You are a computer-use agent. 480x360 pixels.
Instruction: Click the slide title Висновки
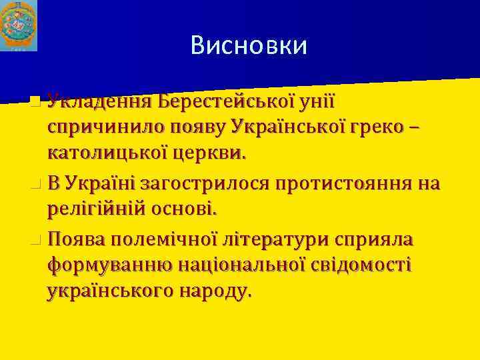coord(249,45)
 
